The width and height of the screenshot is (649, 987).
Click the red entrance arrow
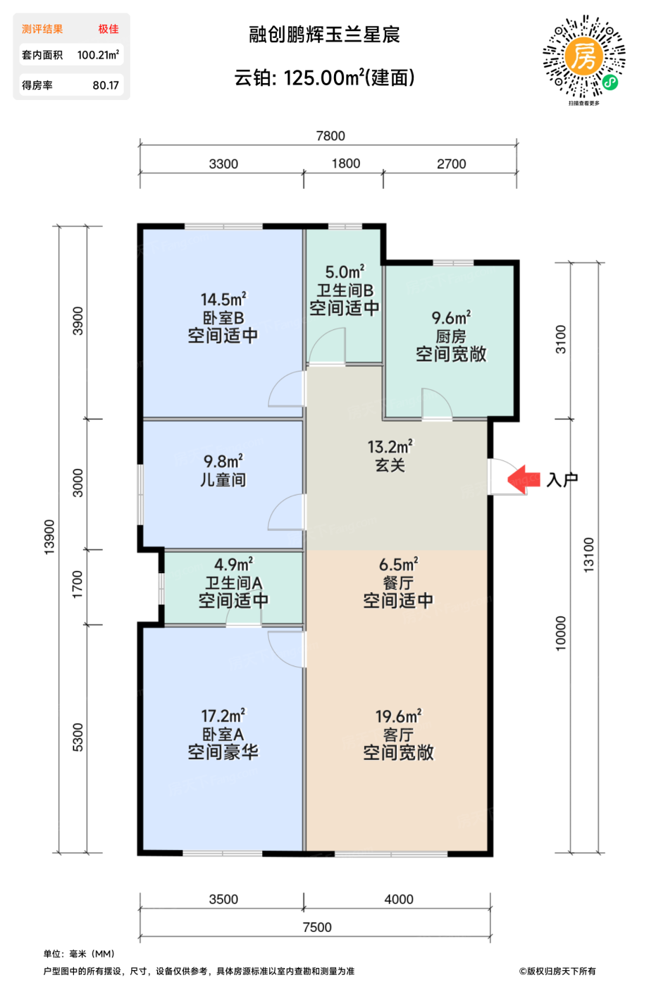click(523, 479)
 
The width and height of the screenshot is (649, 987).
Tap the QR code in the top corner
click(583, 56)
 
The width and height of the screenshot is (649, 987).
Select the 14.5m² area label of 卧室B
click(223, 300)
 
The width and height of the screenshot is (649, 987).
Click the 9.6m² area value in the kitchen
click(451, 318)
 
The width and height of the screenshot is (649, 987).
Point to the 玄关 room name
click(390, 465)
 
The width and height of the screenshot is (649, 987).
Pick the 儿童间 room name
click(223, 480)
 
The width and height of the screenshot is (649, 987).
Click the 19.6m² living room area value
click(398, 716)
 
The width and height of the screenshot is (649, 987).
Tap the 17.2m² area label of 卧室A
click(223, 716)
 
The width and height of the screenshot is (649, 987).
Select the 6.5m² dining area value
click(398, 565)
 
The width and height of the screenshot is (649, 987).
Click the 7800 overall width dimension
click(330, 136)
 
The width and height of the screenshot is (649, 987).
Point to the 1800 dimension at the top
click(345, 164)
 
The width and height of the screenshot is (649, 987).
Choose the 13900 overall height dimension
click(49, 537)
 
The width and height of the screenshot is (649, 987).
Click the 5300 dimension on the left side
click(78, 737)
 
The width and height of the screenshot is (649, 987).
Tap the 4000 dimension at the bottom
click(399, 899)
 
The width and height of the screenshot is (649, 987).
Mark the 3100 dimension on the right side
click(561, 339)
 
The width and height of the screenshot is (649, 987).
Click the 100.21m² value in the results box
click(98, 55)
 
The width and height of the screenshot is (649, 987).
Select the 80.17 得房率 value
click(106, 85)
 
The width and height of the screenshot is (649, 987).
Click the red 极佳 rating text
click(109, 29)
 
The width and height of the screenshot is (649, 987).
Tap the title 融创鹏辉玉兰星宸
click(324, 35)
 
